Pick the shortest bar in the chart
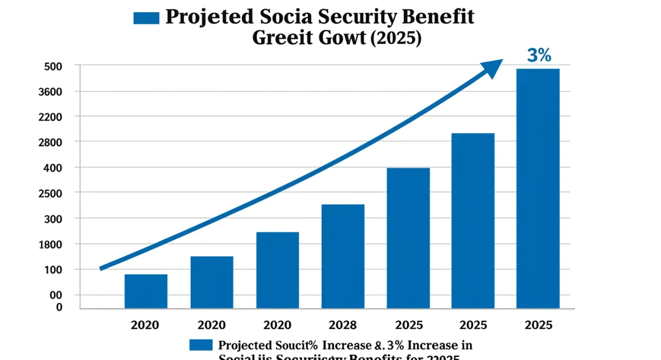point(146,291)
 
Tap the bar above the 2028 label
point(343,256)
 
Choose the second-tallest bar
point(473,220)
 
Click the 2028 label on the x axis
point(343,325)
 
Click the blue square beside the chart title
point(146,18)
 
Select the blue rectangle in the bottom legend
point(201,345)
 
